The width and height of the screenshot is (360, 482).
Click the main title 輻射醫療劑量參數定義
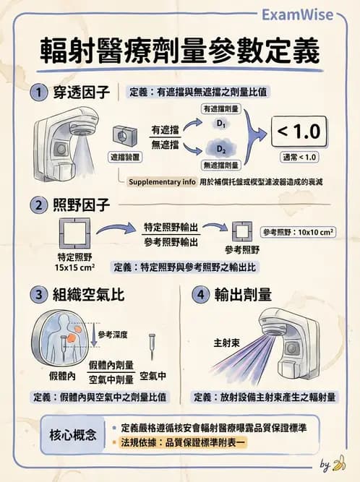tap(180, 52)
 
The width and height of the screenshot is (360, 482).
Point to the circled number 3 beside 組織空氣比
tap(38, 295)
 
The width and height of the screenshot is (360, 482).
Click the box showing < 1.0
tap(299, 132)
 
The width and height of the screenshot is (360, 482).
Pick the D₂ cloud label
tap(222, 150)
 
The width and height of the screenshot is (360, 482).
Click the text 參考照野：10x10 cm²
tap(298, 232)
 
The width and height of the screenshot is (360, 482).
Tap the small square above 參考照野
tap(241, 233)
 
